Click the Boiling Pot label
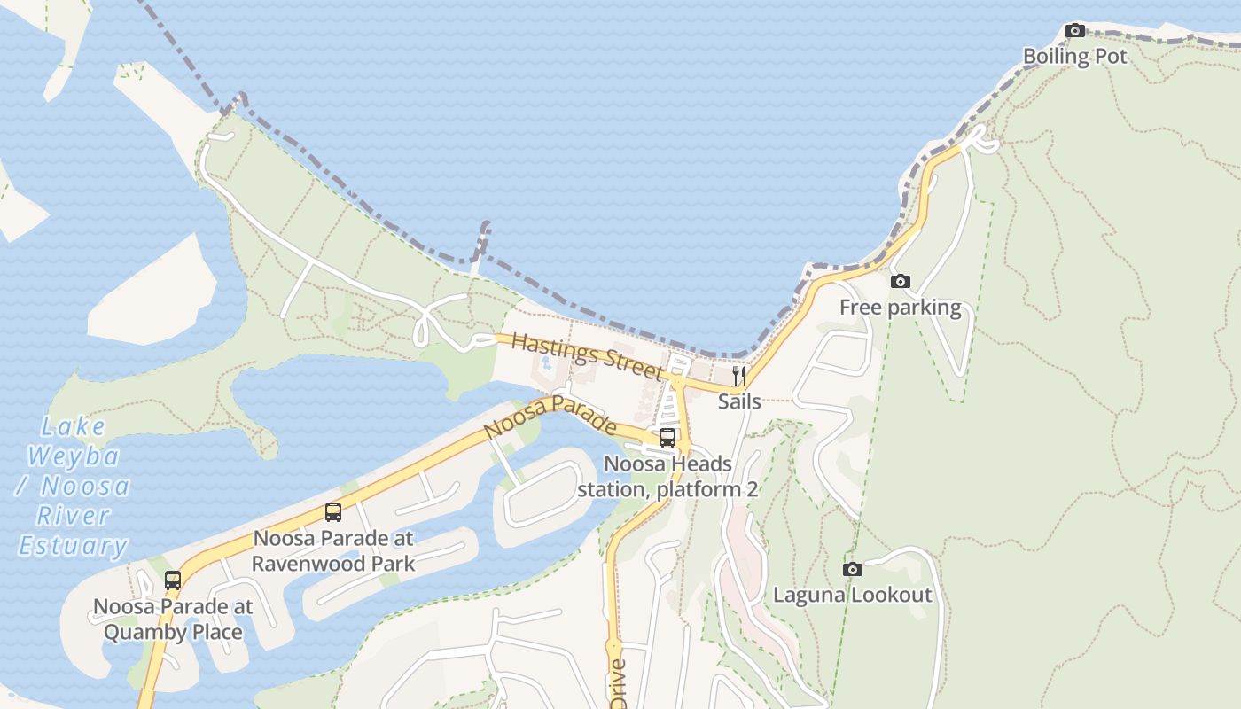pos(1074,57)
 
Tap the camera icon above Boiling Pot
pos(1075,31)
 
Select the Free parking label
pos(900,308)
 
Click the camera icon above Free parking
pos(900,282)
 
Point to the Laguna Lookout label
pos(852,595)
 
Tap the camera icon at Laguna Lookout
pos(852,569)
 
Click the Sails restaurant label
pos(738,401)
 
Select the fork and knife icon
pos(738,376)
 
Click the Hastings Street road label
pos(587,355)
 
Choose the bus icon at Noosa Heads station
pos(667,437)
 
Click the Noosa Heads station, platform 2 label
pos(667,476)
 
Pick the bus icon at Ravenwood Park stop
pos(333,511)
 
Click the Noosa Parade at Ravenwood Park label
pos(333,550)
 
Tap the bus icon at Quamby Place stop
pos(173,580)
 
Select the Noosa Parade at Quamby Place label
pos(173,619)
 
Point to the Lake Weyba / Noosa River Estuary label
pos(74,486)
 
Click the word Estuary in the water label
pos(74,545)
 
